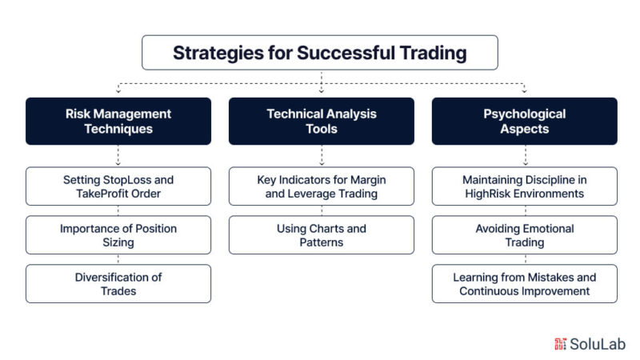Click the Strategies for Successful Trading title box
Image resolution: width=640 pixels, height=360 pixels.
pyautogui.click(x=320, y=53)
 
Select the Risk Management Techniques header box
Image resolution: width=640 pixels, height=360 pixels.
pyautogui.click(x=118, y=122)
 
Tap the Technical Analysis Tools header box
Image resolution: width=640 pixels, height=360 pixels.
pyautogui.click(x=322, y=122)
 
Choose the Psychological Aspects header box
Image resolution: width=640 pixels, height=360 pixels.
pyautogui.click(x=525, y=122)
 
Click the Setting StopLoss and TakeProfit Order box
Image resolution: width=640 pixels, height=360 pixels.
pyautogui.click(x=118, y=186)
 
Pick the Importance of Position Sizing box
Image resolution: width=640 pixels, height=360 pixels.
pyautogui.click(x=118, y=235)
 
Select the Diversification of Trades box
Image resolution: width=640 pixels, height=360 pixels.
pyautogui.click(x=118, y=284)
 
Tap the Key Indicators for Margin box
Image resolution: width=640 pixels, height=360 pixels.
pyautogui.click(x=322, y=186)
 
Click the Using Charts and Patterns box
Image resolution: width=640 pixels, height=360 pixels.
pyautogui.click(x=322, y=235)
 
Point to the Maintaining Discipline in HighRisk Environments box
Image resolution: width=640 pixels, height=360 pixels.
pyautogui.click(x=525, y=186)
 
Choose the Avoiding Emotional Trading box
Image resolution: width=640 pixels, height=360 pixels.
pyautogui.click(x=525, y=235)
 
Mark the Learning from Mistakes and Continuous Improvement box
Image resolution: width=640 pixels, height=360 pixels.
pyautogui.click(x=525, y=284)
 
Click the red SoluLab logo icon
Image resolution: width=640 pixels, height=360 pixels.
pyautogui.click(x=561, y=344)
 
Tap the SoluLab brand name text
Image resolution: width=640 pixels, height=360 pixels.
pyautogui.click(x=598, y=344)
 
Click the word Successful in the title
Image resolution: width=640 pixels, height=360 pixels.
pyautogui.click(x=346, y=53)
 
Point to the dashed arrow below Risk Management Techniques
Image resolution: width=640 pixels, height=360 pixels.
pyautogui.click(x=118, y=155)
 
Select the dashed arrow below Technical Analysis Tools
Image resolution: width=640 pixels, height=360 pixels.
pyautogui.click(x=322, y=155)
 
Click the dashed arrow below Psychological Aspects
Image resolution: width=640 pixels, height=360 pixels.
pyautogui.click(x=526, y=155)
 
